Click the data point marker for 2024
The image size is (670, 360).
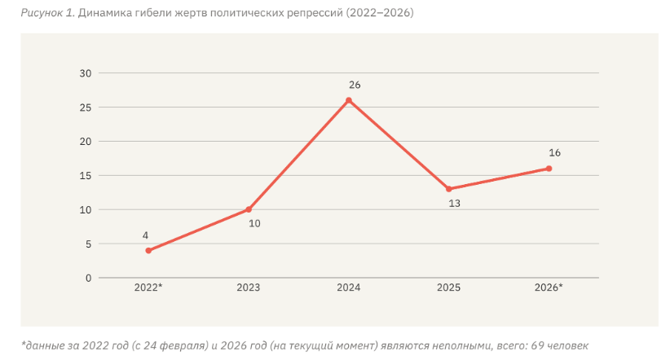point(349,100)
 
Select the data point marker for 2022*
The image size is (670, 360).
point(148,251)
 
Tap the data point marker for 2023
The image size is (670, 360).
point(249,209)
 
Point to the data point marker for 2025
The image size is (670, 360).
point(448,189)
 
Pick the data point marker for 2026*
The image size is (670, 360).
point(549,169)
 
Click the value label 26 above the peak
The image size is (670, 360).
point(355,86)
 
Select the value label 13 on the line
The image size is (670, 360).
point(455,204)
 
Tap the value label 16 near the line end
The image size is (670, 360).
point(554,153)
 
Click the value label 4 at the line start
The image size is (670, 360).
point(145,235)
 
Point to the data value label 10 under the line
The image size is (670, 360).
point(254,224)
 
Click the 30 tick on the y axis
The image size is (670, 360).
point(86,73)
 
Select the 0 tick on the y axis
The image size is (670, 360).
point(89,279)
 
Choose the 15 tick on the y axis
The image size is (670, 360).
point(86,176)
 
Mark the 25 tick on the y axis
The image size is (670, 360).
point(86,108)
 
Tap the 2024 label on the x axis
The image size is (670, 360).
point(349,288)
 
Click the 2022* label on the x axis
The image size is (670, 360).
point(148,288)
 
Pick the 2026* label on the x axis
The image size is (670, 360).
point(549,288)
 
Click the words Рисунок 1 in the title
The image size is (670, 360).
point(48,13)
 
